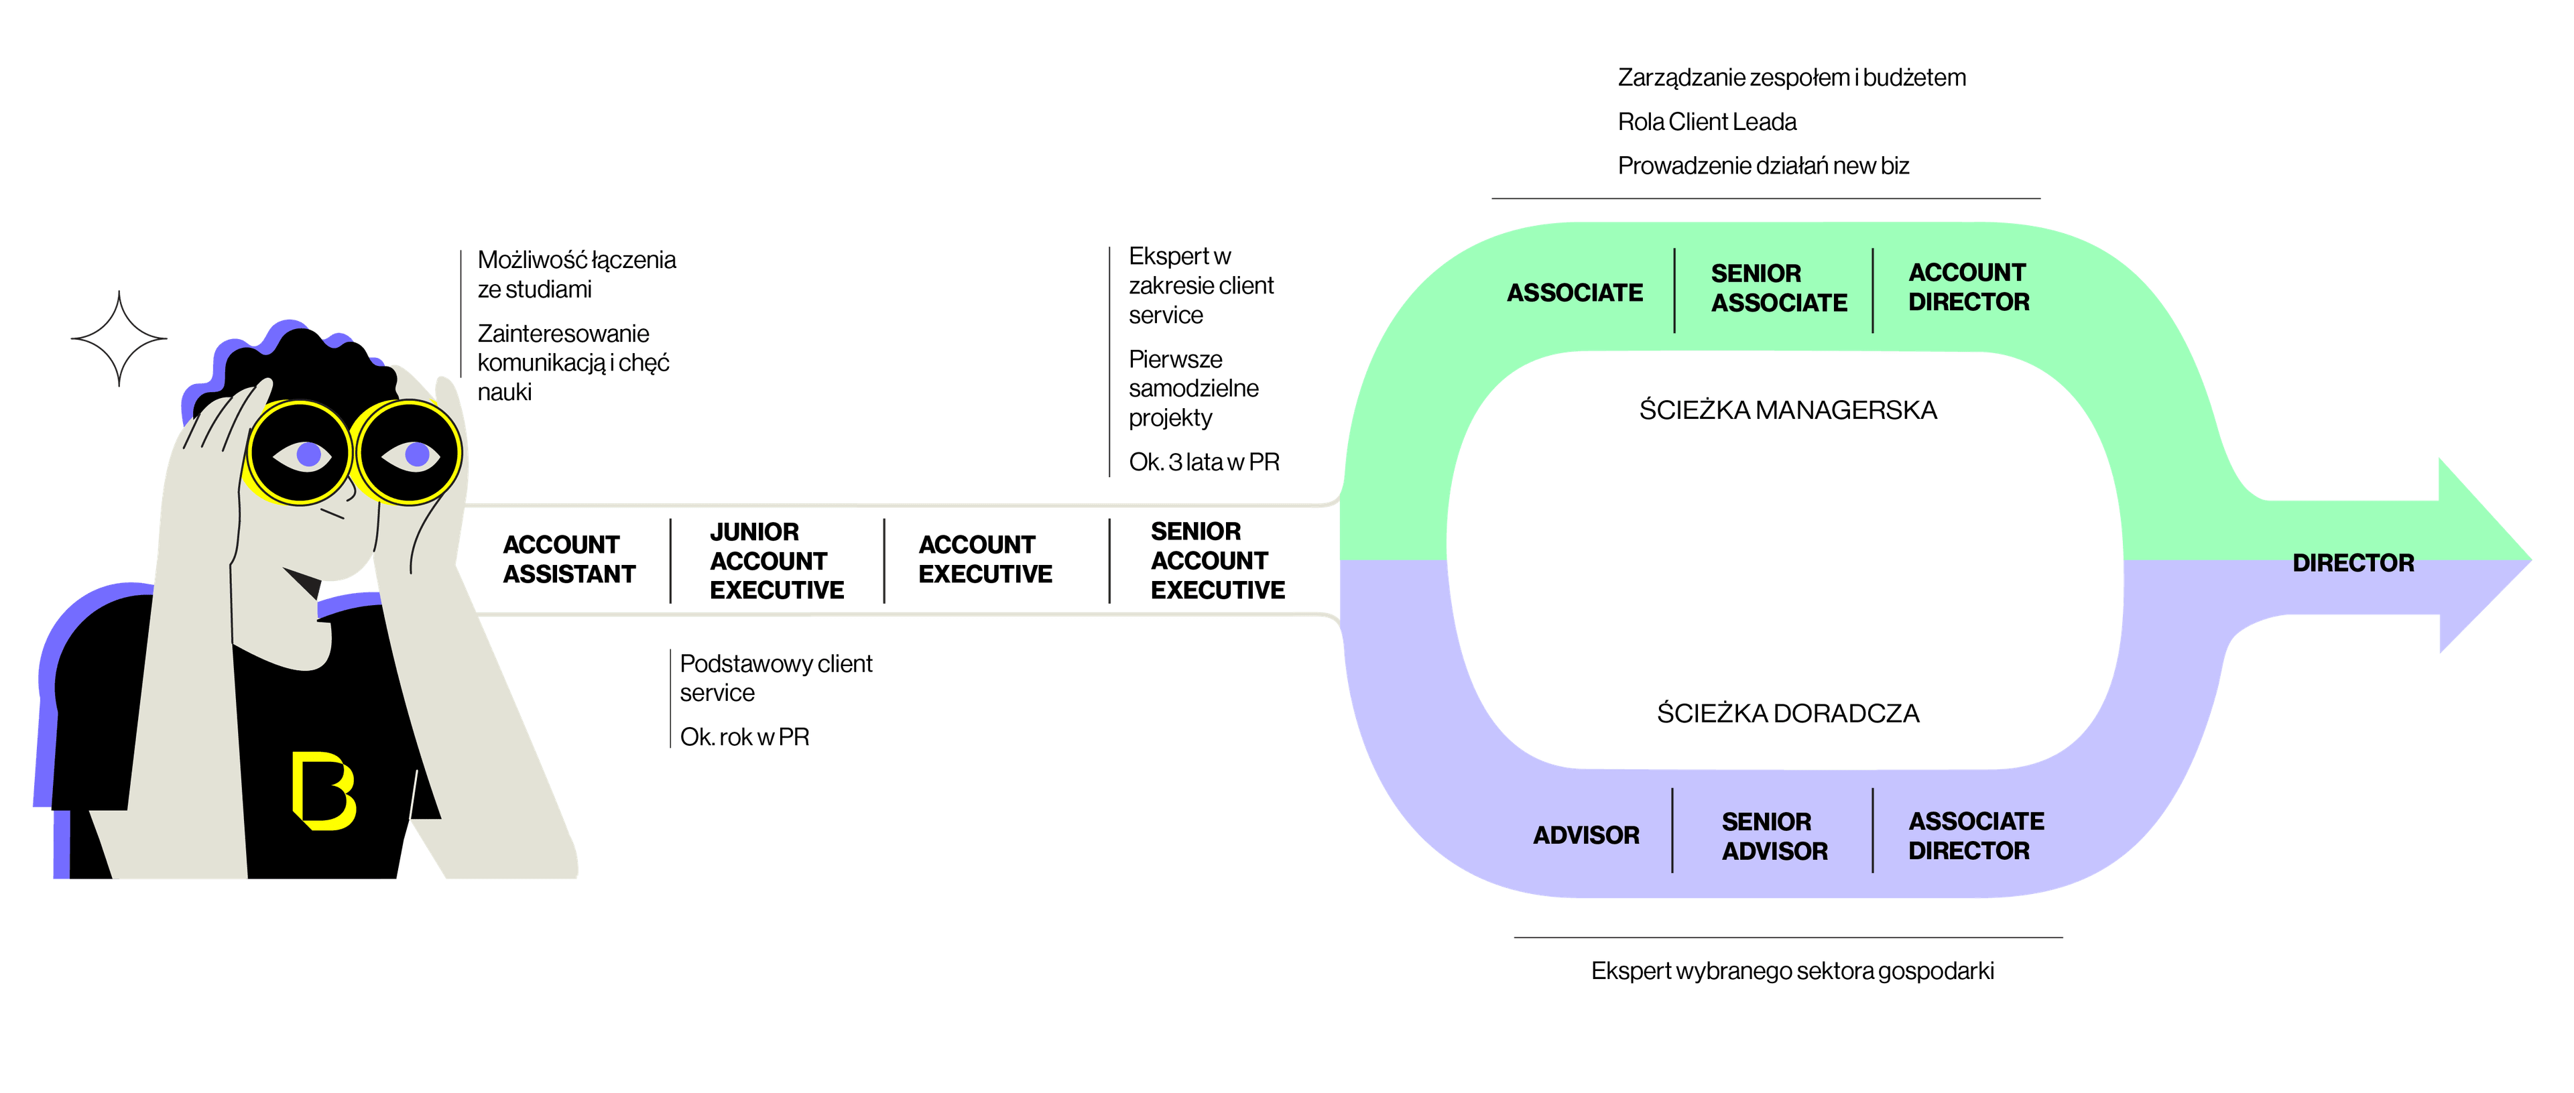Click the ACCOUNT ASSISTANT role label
click(568, 560)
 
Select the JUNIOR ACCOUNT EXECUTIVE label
click(776, 560)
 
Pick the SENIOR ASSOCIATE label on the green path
click(1778, 287)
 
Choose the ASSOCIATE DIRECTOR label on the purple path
click(1975, 836)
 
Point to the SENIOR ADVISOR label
click(1774, 836)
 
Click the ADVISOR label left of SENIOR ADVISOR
click(1586, 835)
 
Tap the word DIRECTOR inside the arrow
click(2352, 562)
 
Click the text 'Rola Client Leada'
click(1707, 122)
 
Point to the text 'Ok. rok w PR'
click(745, 737)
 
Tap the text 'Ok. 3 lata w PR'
click(1204, 462)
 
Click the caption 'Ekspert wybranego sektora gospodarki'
click(1792, 970)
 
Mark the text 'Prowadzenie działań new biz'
click(1763, 166)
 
